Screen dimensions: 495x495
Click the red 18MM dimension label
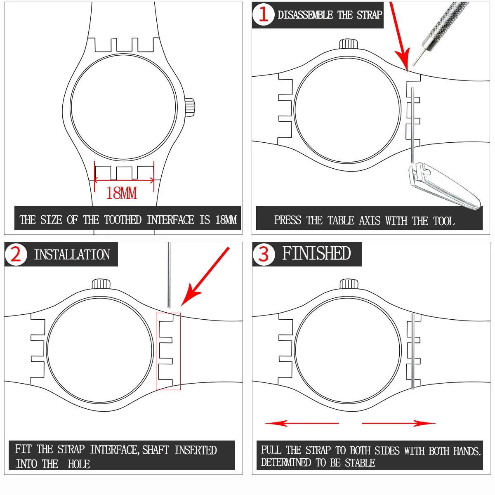tap(121, 193)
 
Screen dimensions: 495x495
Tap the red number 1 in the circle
tap(264, 14)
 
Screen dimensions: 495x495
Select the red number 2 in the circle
tap(16, 254)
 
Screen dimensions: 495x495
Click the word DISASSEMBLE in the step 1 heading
tap(305, 15)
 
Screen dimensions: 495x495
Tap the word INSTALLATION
tap(72, 255)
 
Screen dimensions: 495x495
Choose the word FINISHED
tap(316, 253)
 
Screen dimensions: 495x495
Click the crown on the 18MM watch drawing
tap(190, 107)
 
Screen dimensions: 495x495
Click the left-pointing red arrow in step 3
tap(302, 423)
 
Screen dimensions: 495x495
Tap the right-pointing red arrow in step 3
tap(399, 423)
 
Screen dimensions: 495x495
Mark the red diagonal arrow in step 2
tap(205, 277)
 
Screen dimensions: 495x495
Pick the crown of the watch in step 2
tap(101, 283)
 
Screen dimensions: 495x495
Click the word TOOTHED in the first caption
tap(123, 220)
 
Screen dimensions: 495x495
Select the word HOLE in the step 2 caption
tap(79, 464)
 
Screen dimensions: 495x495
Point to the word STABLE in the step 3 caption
tap(360, 463)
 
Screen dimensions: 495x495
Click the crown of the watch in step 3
tap(349, 284)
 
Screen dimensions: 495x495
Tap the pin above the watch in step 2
tap(169, 275)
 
